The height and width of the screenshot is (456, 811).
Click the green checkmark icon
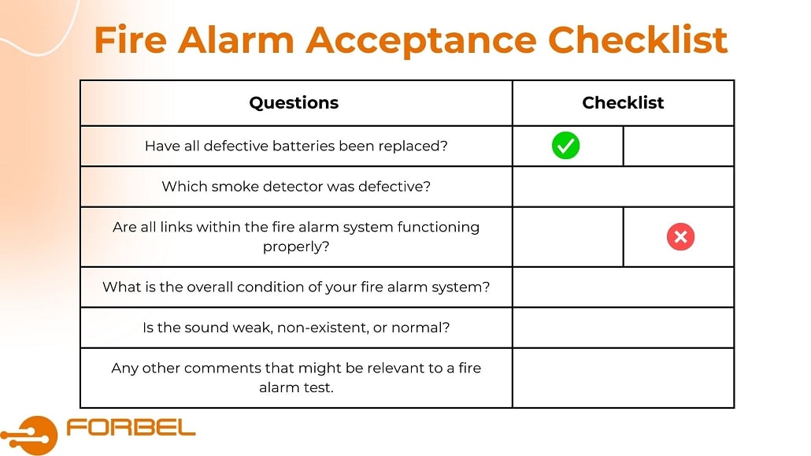[x=565, y=146]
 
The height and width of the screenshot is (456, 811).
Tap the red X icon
[x=680, y=237]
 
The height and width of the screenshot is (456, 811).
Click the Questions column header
[x=294, y=103]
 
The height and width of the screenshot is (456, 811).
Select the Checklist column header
[x=623, y=103]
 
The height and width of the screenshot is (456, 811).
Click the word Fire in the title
[x=130, y=39]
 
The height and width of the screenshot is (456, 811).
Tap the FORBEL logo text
[x=131, y=428]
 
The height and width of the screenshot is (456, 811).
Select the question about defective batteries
[x=296, y=146]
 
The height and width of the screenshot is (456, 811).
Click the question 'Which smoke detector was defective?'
[x=296, y=187]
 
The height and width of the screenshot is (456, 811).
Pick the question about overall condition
[x=296, y=287]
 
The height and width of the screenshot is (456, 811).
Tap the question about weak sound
[x=296, y=328]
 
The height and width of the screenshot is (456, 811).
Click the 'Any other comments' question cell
[x=296, y=377]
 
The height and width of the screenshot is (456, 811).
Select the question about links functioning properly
[x=296, y=236]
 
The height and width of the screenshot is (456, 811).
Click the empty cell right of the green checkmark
[x=679, y=146]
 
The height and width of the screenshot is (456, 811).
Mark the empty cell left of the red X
[x=568, y=237]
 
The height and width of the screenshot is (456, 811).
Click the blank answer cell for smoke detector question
[x=623, y=187]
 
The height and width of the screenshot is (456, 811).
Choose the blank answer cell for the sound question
[x=623, y=328]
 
